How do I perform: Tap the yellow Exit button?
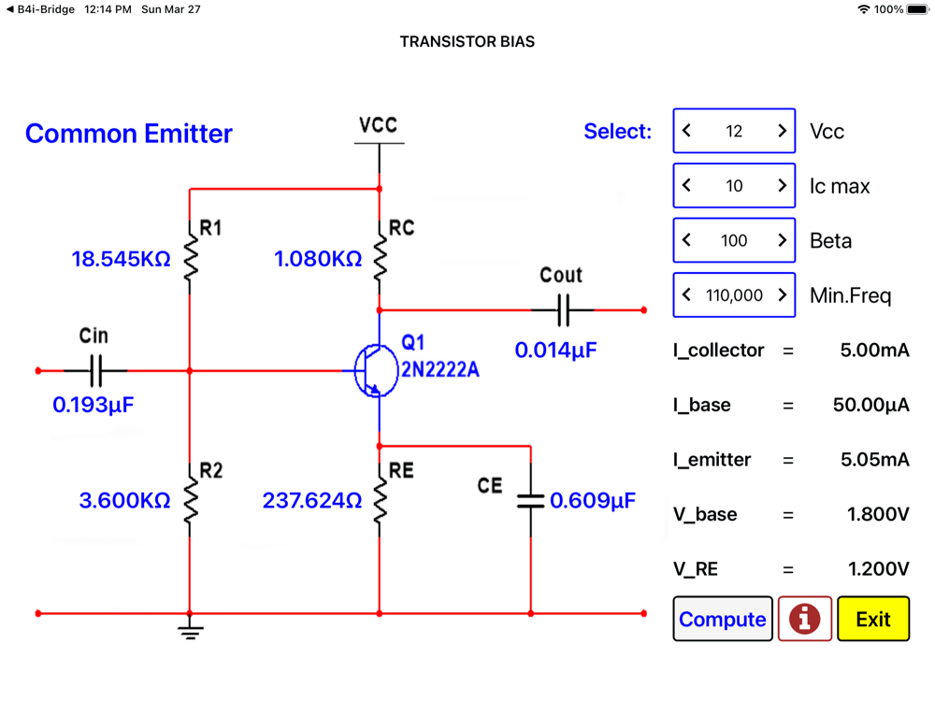pyautogui.click(x=872, y=619)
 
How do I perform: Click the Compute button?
pyautogui.click(x=723, y=619)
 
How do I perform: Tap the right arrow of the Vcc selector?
pyautogui.click(x=783, y=131)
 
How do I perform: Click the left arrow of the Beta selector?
pyautogui.click(x=686, y=240)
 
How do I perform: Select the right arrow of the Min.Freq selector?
pyautogui.click(x=783, y=294)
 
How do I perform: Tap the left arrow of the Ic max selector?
pyautogui.click(x=686, y=186)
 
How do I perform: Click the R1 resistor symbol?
pyautogui.click(x=191, y=257)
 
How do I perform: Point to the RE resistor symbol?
pyautogui.click(x=380, y=500)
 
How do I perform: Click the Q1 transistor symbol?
pyautogui.click(x=371, y=371)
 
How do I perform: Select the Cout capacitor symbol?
pyautogui.click(x=563, y=309)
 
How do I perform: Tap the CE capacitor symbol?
pyautogui.click(x=530, y=501)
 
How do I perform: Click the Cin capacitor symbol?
pyautogui.click(x=95, y=371)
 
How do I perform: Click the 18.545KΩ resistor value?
pyautogui.click(x=121, y=259)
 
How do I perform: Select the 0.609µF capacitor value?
pyautogui.click(x=592, y=501)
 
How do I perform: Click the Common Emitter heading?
pyautogui.click(x=129, y=134)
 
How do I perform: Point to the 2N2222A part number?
pyautogui.click(x=440, y=370)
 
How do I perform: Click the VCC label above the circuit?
pyautogui.click(x=379, y=125)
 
